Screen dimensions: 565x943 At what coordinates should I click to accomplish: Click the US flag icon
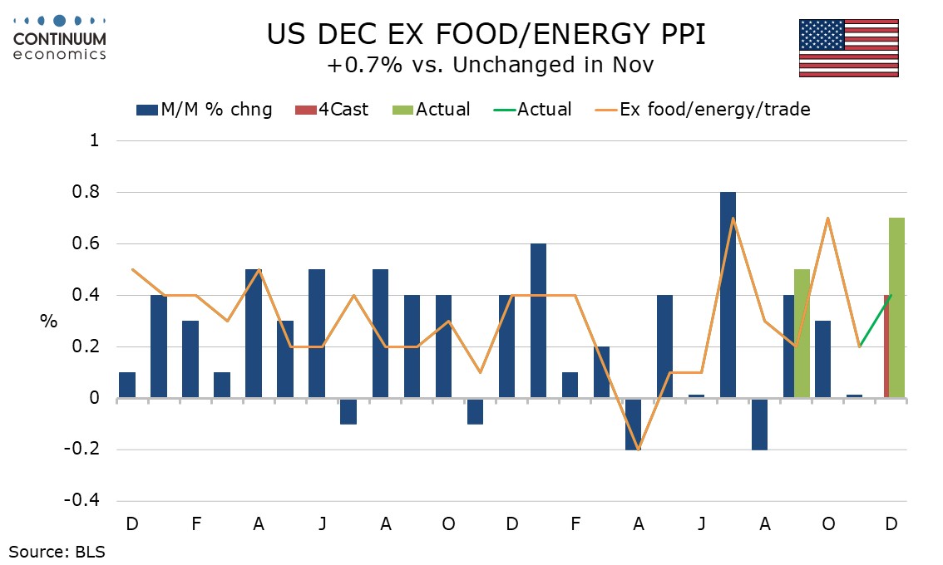pyautogui.click(x=848, y=48)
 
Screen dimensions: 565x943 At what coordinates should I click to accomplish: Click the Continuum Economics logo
pyautogui.click(x=59, y=37)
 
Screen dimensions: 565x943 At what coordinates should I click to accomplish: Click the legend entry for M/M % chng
pyautogui.click(x=204, y=109)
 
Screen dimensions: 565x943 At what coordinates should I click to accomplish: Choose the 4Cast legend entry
pyautogui.click(x=332, y=109)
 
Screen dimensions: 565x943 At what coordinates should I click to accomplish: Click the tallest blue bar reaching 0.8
pyautogui.click(x=728, y=295)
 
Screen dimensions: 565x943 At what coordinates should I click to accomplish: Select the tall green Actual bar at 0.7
pyautogui.click(x=896, y=308)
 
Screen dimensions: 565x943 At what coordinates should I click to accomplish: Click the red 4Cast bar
pyautogui.click(x=886, y=346)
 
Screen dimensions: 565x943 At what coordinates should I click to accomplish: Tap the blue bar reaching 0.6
pyautogui.click(x=538, y=321)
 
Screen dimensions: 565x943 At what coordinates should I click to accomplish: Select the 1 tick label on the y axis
pyautogui.click(x=94, y=141)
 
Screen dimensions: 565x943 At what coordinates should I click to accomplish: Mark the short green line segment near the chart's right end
pyautogui.click(x=875, y=321)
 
